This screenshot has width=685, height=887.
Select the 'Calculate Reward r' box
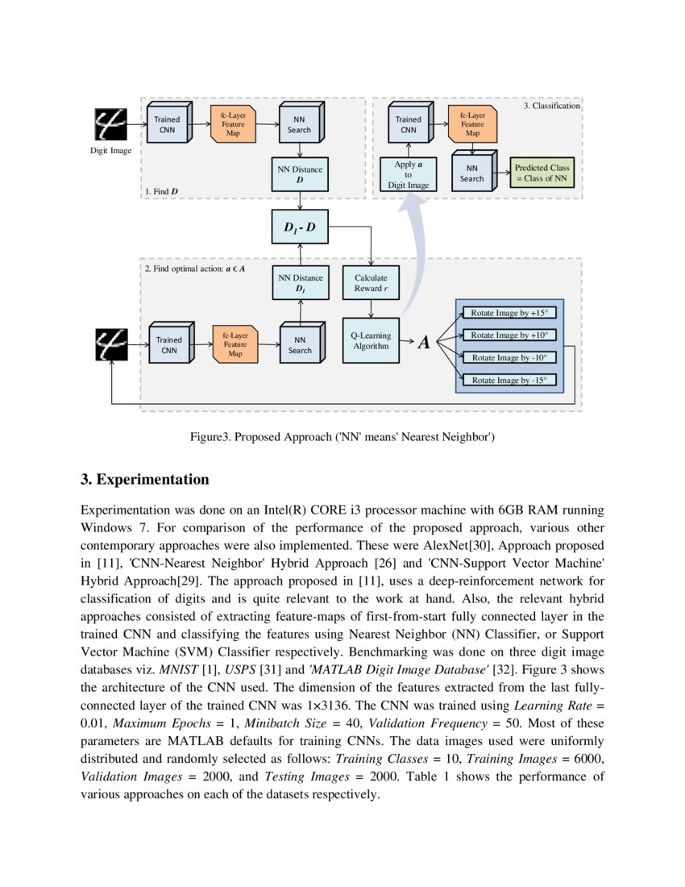click(371, 283)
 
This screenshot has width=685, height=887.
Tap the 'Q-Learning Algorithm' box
click(371, 339)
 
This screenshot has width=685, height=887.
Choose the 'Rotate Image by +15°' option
click(509, 313)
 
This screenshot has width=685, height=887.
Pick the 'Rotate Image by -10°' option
click(509, 357)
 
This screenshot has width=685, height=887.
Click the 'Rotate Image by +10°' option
click(509, 335)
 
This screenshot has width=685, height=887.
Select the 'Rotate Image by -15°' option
click(509, 380)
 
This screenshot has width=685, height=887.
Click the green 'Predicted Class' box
click(542, 173)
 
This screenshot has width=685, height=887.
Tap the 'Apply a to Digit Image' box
click(408, 175)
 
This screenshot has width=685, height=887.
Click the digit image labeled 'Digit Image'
click(110, 123)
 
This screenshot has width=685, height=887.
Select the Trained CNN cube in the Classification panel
click(409, 124)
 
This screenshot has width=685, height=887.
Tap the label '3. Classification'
click(552, 106)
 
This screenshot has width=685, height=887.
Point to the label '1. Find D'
click(162, 191)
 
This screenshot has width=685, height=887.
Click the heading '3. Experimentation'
click(145, 480)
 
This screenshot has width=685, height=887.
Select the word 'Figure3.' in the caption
click(210, 437)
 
